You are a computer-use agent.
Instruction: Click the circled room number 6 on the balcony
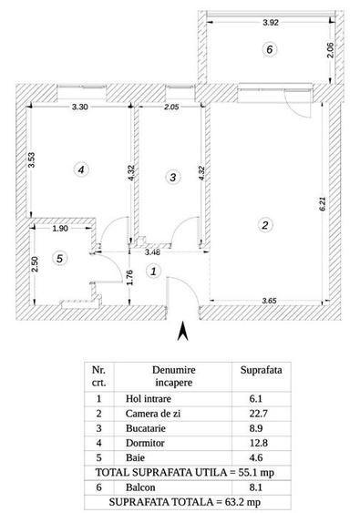click(268, 50)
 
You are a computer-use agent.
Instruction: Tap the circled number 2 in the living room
click(264, 225)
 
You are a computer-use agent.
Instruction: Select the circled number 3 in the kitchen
click(173, 178)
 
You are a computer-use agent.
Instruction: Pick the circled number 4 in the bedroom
click(81, 169)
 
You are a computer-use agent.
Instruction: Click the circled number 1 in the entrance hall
click(154, 271)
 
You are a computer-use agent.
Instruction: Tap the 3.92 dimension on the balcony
click(268, 24)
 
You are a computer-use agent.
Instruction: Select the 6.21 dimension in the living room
click(322, 206)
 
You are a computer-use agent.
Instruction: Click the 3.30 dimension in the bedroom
click(79, 107)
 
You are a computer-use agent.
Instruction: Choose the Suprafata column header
click(261, 372)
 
